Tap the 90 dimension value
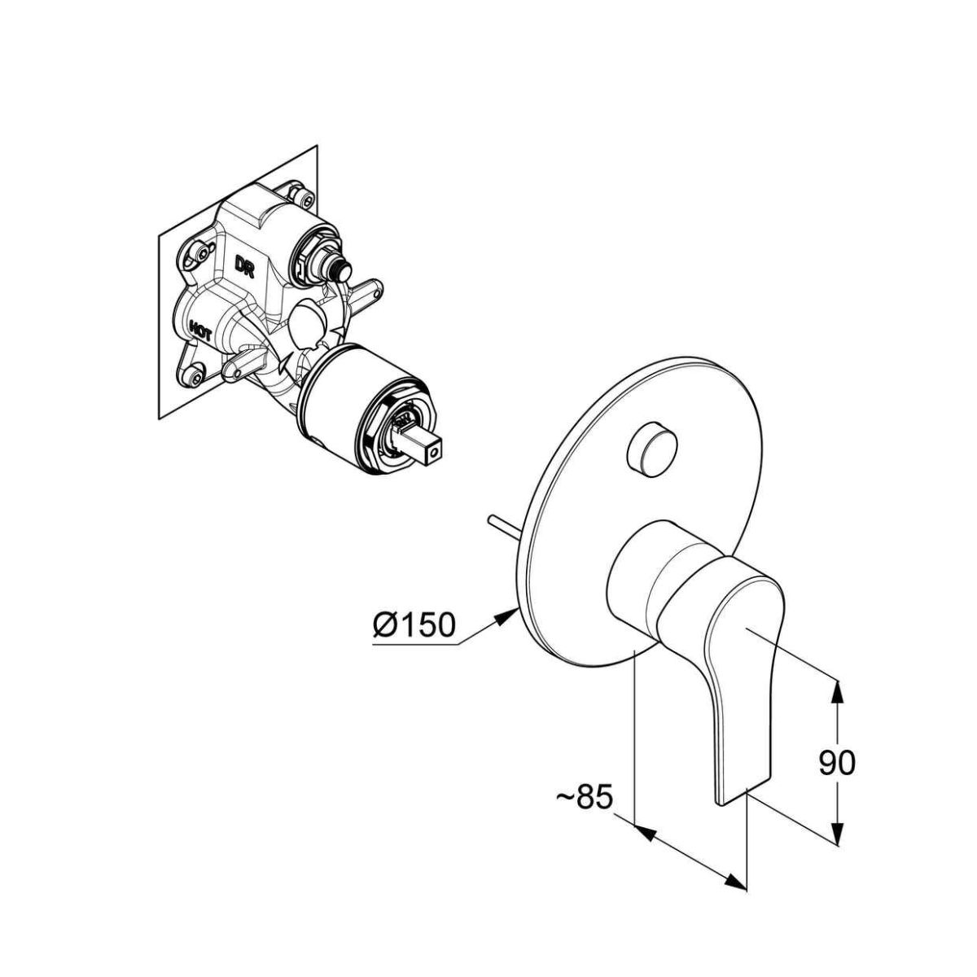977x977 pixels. [837, 763]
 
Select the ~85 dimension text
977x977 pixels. [584, 797]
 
